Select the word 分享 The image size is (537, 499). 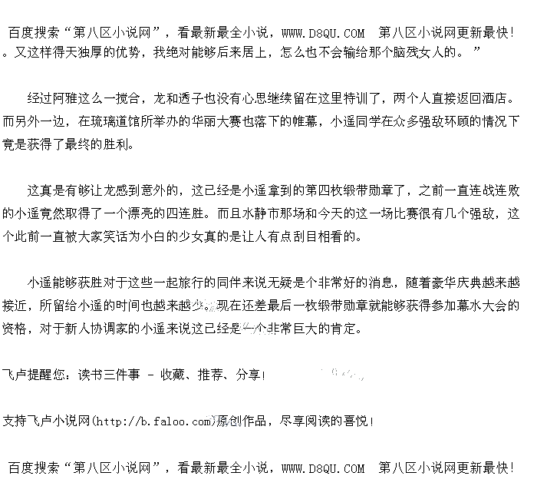(247, 375)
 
